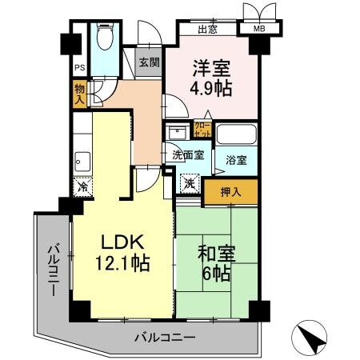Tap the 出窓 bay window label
coord(208,30)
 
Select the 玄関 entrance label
coord(146,62)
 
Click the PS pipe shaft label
coord(79,68)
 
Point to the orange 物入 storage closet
coord(80,92)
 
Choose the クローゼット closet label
coord(202,130)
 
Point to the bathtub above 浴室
coord(236,134)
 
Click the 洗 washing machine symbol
coord(190,183)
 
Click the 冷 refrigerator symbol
coord(83,187)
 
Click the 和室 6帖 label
coord(214,262)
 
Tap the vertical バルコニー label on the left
coord(53,268)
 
